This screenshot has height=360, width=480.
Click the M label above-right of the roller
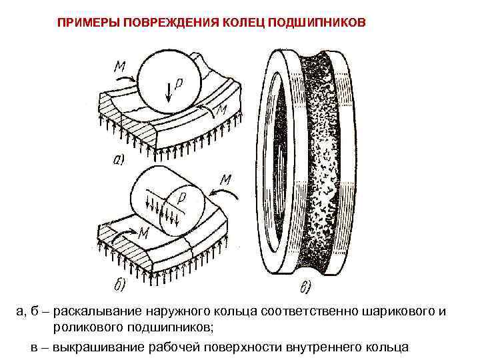coord(225,178)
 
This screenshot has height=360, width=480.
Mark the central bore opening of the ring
coord(279,167)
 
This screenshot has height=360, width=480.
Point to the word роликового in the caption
coord(87,328)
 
